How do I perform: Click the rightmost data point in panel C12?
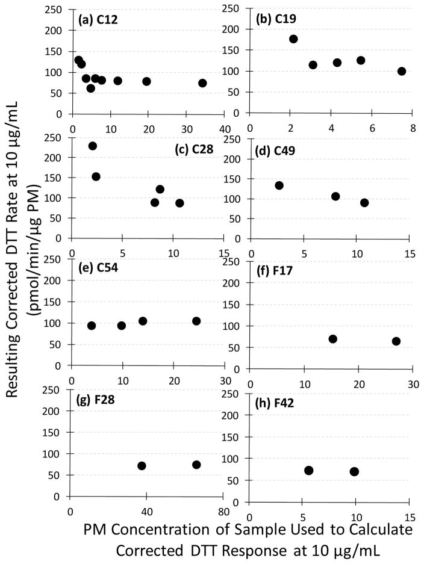(202, 83)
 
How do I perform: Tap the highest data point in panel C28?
(93, 146)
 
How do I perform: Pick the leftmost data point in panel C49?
(279, 185)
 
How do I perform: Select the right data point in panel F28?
(196, 465)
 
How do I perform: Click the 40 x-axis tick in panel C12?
(225, 129)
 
